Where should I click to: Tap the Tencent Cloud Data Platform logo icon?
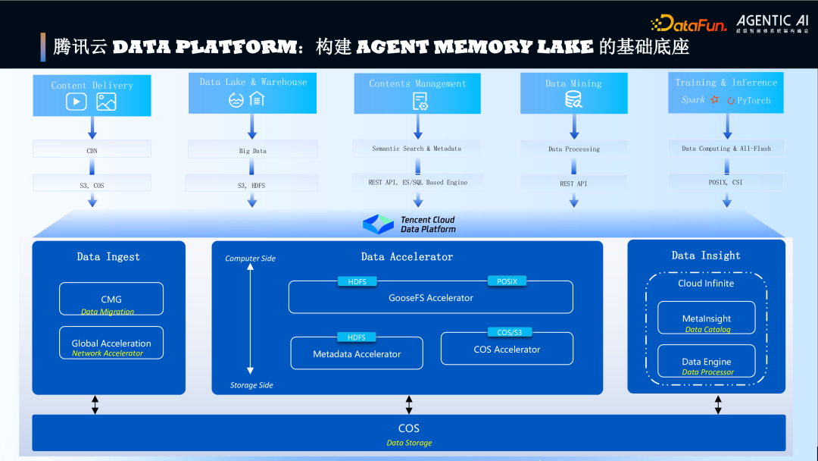click(379, 224)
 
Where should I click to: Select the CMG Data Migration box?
click(111, 299)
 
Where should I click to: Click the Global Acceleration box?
click(111, 343)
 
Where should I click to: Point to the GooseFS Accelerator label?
click(430, 298)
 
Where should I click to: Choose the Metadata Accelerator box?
click(357, 353)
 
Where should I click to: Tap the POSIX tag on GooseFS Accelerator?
click(507, 281)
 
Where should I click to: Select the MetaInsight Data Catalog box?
click(707, 318)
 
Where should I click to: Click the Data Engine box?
click(707, 361)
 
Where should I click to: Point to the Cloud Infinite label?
click(706, 283)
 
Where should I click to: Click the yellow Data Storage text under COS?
click(409, 443)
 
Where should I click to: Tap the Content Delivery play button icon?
click(76, 102)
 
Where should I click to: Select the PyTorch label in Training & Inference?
click(753, 100)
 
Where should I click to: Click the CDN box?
click(92, 151)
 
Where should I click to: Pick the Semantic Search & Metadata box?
click(417, 149)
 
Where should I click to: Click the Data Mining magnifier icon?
click(573, 99)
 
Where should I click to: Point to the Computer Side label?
click(251, 259)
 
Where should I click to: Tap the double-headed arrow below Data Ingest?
click(95, 404)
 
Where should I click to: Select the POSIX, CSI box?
click(726, 182)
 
